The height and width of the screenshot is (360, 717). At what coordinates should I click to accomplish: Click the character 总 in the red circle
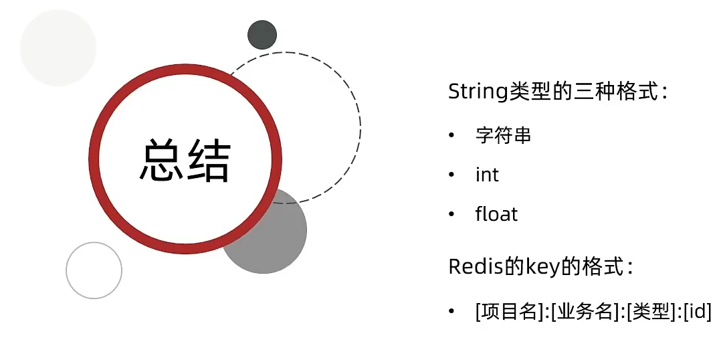tap(161, 160)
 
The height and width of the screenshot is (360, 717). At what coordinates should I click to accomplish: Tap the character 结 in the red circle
tap(208, 160)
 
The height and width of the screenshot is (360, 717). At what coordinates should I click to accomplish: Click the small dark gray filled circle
tap(262, 35)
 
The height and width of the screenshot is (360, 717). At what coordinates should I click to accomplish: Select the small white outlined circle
tap(94, 270)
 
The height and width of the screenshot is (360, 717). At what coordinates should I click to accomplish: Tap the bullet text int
tap(487, 175)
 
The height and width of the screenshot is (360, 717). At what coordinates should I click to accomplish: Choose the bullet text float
tap(496, 214)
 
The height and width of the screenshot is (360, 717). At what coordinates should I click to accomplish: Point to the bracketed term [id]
tap(697, 311)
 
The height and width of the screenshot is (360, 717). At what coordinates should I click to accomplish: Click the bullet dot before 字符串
tap(451, 136)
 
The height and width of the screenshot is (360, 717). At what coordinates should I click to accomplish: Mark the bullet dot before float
tap(451, 214)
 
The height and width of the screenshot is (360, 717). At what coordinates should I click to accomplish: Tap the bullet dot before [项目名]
tap(451, 311)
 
